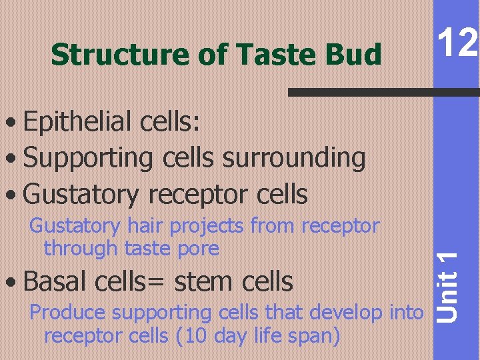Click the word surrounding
tap(294, 158)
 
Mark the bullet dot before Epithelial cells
tap(12, 124)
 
